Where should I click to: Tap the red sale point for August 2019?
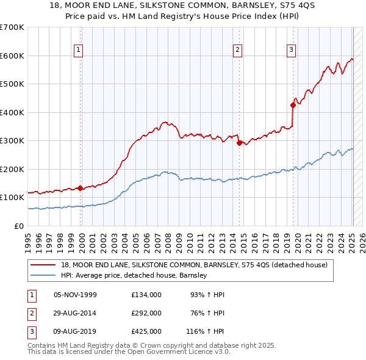pos(293,105)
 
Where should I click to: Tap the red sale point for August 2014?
pos(239,143)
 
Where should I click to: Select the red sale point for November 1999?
pos(81,188)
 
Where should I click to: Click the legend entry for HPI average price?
pos(134,275)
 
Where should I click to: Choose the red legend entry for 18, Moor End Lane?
pos(194,265)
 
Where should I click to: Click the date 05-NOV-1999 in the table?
pos(75,295)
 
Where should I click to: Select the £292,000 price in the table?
pos(146,313)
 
